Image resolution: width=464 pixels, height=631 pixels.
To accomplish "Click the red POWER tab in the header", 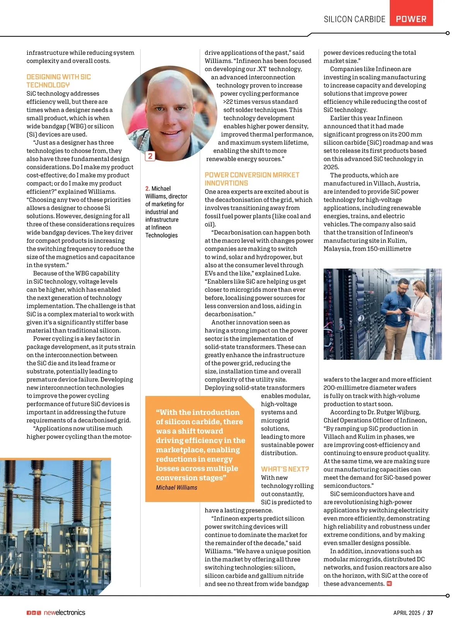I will pyautogui.click(x=411, y=19).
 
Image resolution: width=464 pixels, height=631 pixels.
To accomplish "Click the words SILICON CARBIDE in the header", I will pyautogui.click(x=354, y=19).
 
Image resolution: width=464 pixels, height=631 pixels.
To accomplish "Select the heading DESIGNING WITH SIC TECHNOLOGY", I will pyautogui.click(x=59, y=81).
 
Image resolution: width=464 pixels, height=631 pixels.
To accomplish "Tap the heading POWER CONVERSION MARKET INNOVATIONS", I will pyautogui.click(x=252, y=179).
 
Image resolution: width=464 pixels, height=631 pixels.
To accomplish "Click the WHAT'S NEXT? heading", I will pyautogui.click(x=285, y=469).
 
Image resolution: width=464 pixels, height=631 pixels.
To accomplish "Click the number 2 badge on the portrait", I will pyautogui.click(x=150, y=156).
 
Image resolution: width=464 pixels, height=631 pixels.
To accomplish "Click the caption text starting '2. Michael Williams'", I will pyautogui.click(x=166, y=212).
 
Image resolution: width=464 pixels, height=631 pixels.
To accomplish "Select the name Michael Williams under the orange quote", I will pyautogui.click(x=176, y=487).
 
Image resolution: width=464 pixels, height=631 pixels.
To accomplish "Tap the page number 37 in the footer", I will pyautogui.click(x=430, y=613).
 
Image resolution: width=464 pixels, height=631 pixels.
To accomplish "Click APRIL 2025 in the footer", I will pyautogui.click(x=406, y=613).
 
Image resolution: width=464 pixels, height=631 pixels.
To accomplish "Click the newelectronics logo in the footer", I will pyautogui.click(x=64, y=612).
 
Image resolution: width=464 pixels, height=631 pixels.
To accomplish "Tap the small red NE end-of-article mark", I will pyautogui.click(x=389, y=584).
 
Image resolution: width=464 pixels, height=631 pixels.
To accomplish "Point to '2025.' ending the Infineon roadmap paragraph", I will pyautogui.click(x=331, y=167).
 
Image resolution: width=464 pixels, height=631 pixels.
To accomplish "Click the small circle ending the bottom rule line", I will pyautogui.click(x=447, y=595).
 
